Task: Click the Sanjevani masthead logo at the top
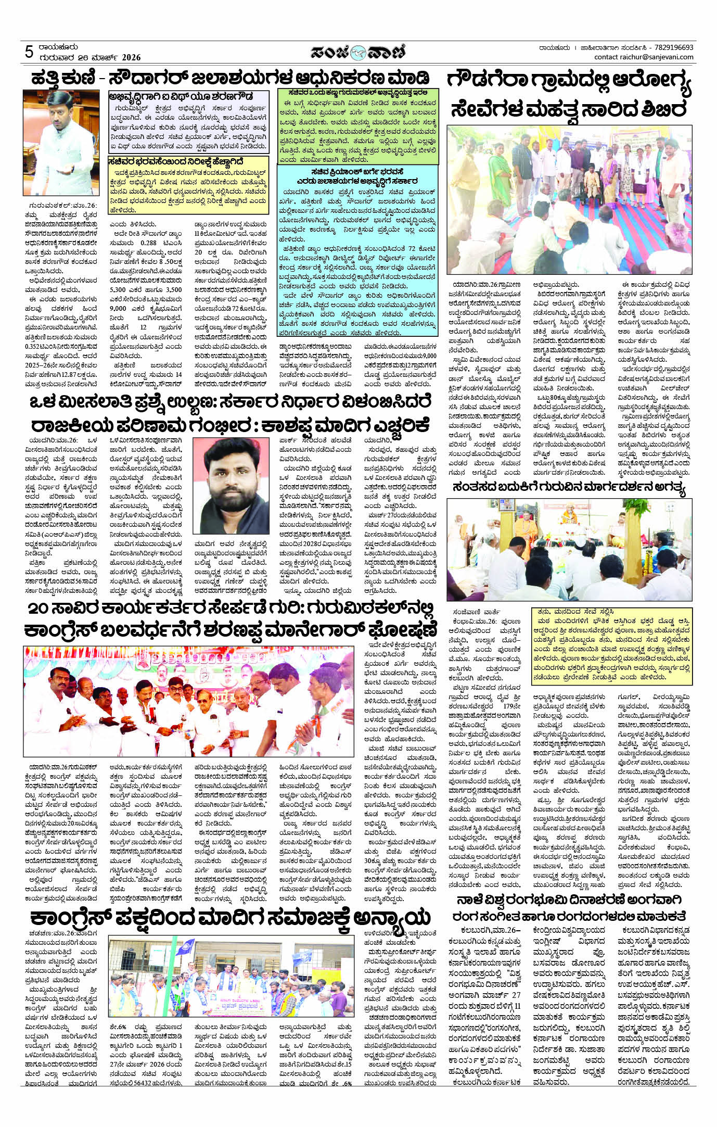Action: [x=358, y=52]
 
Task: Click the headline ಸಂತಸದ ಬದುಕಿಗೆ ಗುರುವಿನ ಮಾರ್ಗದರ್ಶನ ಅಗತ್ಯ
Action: [x=569, y=488]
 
